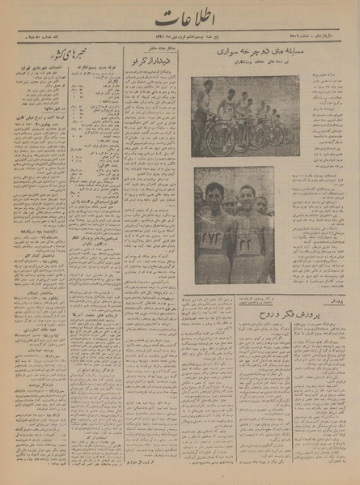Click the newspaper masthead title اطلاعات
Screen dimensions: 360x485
click(x=179, y=17)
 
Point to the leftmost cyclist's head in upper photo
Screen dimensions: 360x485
click(x=208, y=85)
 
